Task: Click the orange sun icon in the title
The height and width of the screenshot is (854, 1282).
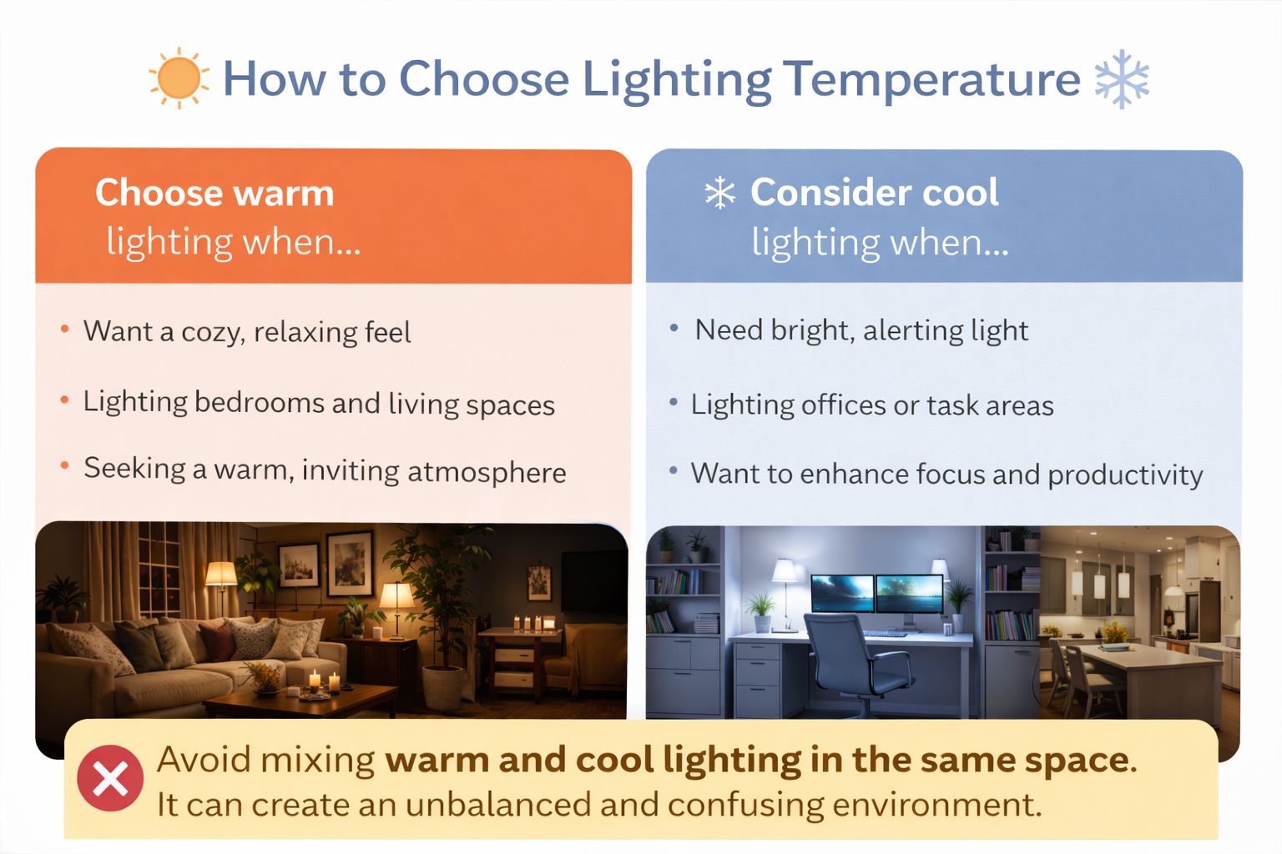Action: point(178,78)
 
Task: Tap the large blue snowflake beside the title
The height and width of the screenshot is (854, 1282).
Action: point(1122,79)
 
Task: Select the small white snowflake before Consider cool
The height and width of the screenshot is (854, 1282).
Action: point(719,193)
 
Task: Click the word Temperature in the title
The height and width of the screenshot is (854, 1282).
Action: point(932,80)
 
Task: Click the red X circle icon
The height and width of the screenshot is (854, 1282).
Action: point(110,778)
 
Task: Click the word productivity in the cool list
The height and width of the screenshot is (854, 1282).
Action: point(1125,475)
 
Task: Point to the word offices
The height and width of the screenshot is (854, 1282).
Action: point(843,406)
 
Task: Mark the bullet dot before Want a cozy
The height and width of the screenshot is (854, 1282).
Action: point(65,329)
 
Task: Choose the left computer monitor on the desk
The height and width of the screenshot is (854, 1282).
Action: point(842,593)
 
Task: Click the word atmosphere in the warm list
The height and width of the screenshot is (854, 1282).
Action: point(487,473)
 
